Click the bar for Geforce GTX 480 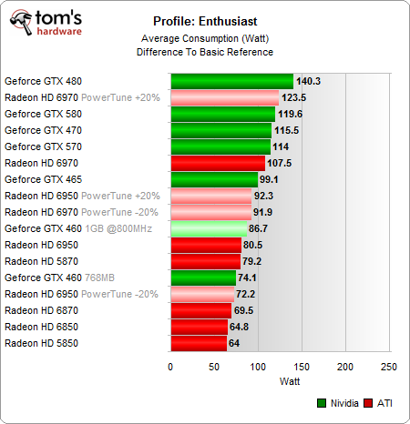tap(231, 81)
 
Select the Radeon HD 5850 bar tap(198, 343)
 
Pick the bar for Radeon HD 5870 tap(205, 261)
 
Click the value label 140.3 tap(310, 81)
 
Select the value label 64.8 tap(241, 327)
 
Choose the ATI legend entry tap(380, 402)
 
